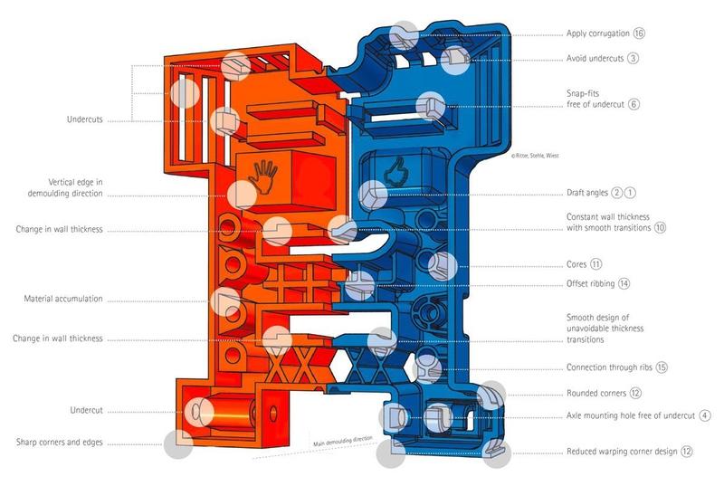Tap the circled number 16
click(x=639, y=34)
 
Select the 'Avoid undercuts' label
click(x=595, y=58)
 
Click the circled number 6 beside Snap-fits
click(x=634, y=104)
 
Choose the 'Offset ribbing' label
click(x=590, y=283)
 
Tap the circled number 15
click(x=662, y=367)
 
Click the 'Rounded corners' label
click(x=596, y=393)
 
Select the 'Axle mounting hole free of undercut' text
click(x=630, y=415)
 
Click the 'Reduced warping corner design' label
click(x=623, y=451)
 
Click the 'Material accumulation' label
click(x=63, y=299)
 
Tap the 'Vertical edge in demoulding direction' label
click(x=62, y=186)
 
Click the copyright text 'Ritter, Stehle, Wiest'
click(x=536, y=156)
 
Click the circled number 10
click(x=660, y=228)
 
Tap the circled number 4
click(x=704, y=415)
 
